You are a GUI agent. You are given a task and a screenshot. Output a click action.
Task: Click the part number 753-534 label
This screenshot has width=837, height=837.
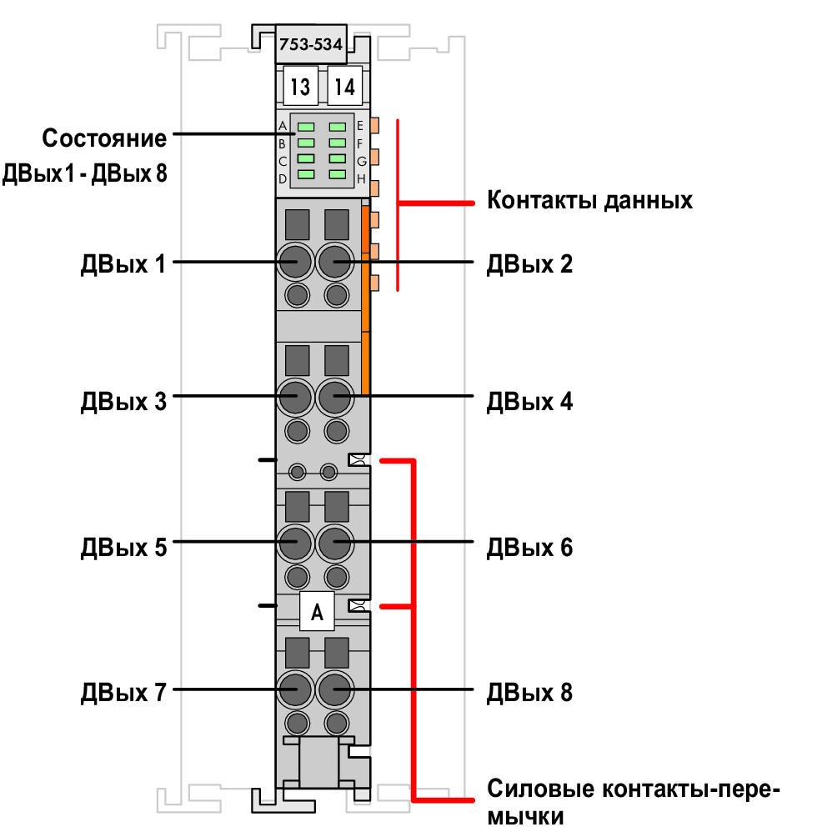[311, 44]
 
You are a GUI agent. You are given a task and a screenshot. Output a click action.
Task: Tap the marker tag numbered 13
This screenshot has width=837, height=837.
[300, 86]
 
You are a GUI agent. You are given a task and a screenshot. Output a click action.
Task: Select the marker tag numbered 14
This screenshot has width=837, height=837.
[344, 86]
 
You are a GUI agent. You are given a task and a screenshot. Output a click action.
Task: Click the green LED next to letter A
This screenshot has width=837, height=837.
[306, 127]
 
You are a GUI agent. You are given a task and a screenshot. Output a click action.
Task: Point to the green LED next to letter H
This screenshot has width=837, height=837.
[338, 174]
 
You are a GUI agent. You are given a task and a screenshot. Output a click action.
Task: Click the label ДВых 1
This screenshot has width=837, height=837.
[123, 264]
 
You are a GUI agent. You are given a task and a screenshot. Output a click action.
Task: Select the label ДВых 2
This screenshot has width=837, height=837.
[529, 264]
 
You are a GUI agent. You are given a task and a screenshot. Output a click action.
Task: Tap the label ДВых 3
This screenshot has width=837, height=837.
[123, 402]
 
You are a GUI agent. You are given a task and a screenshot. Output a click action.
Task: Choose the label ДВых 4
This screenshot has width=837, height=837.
[529, 402]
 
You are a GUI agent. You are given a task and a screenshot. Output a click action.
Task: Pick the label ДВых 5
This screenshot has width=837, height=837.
[123, 548]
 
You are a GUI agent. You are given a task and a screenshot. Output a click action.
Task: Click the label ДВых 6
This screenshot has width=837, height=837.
[529, 548]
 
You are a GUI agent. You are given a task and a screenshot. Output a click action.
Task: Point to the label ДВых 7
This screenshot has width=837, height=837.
[123, 692]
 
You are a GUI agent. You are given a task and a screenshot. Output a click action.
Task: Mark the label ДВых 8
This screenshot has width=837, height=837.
[529, 692]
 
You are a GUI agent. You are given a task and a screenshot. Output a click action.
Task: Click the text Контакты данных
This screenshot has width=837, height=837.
[590, 201]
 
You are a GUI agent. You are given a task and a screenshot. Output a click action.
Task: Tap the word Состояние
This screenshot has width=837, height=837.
[105, 138]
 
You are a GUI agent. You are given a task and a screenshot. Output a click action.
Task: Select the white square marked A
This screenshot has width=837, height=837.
[317, 611]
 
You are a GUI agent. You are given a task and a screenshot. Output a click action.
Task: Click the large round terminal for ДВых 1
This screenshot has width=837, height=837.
[295, 262]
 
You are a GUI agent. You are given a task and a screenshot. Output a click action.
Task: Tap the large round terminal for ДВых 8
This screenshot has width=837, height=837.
[334, 689]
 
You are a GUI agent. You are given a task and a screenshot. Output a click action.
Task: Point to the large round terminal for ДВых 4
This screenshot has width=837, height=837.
[334, 397]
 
